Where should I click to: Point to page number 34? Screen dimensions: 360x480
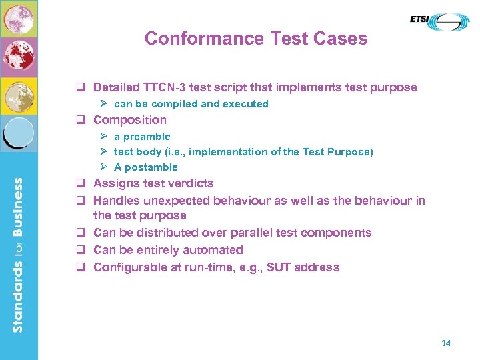pos(446,343)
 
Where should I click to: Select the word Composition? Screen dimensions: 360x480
pos(130,120)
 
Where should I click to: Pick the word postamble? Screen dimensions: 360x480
pos(153,167)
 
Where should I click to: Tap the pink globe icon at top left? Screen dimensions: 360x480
pos(19,19)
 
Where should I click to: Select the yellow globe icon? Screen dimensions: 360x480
pos(19,97)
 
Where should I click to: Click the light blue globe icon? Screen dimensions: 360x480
pos(19,133)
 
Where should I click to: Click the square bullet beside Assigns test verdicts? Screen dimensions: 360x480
pos(79,184)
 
